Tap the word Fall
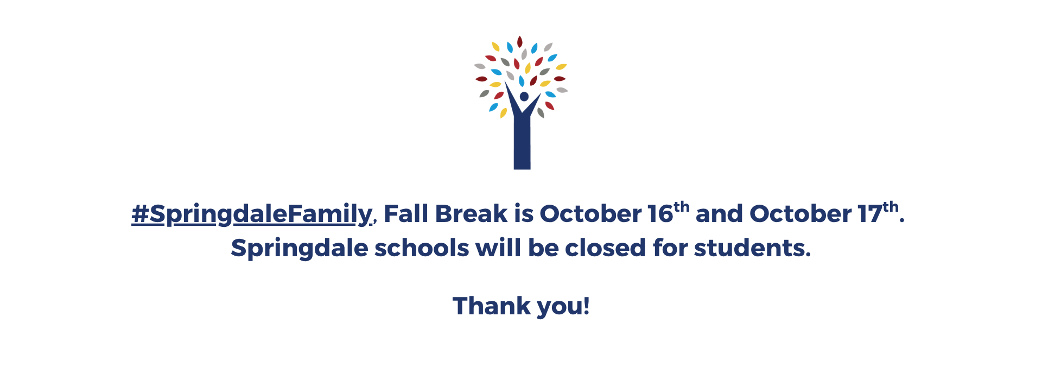(406, 213)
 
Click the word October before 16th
(590, 213)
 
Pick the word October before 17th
(800, 213)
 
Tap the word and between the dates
(720, 213)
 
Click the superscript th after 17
(891, 207)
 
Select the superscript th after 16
(682, 207)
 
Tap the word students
(752, 248)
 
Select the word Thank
(491, 306)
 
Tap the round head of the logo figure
(524, 97)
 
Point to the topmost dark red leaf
(520, 42)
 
